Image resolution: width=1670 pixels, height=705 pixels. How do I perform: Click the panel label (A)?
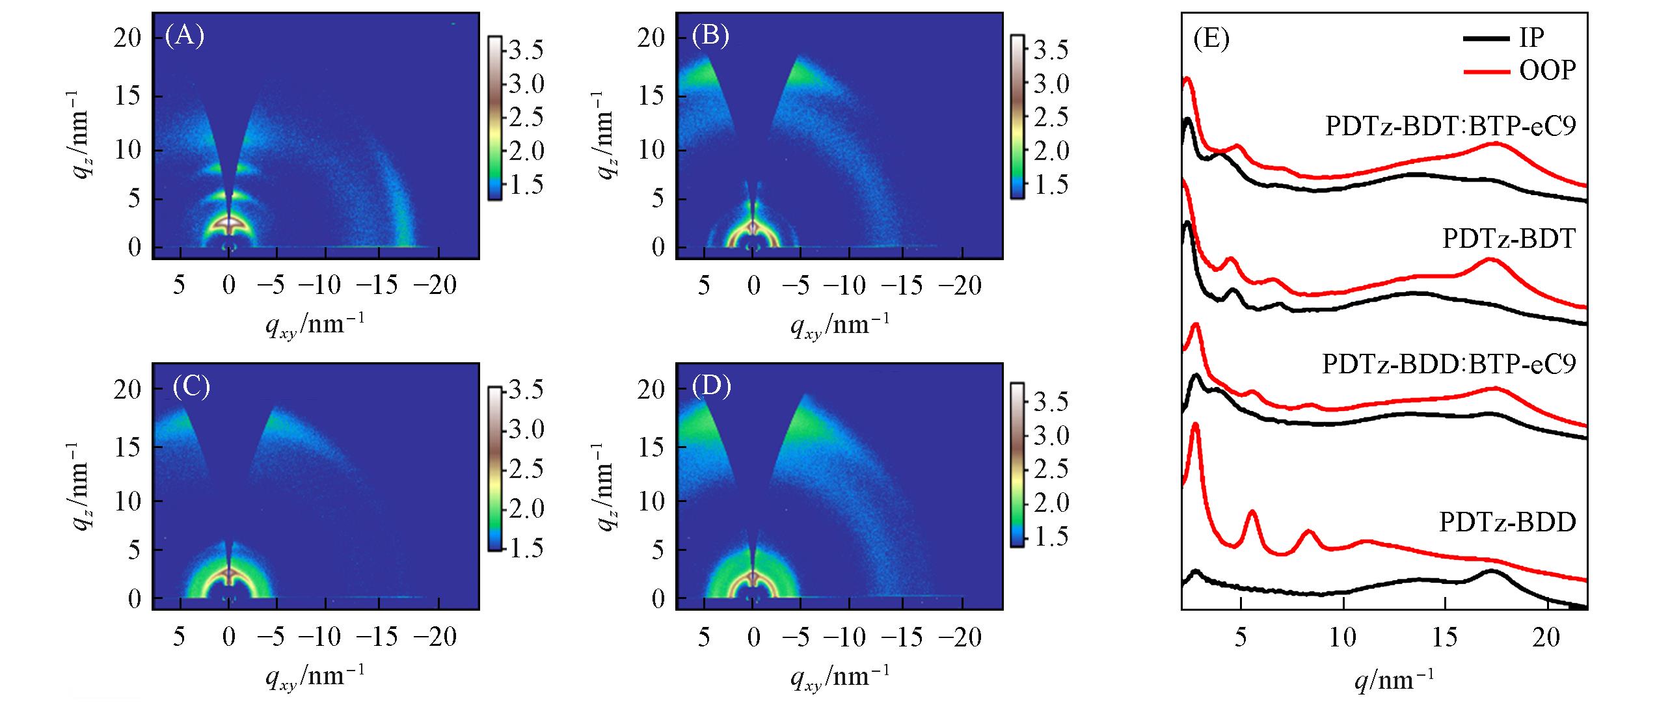click(x=185, y=36)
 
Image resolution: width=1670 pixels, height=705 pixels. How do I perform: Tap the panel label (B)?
click(x=710, y=36)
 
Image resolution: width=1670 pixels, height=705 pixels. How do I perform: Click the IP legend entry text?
click(x=1531, y=38)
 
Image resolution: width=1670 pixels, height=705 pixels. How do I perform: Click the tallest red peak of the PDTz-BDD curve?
click(x=1195, y=425)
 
